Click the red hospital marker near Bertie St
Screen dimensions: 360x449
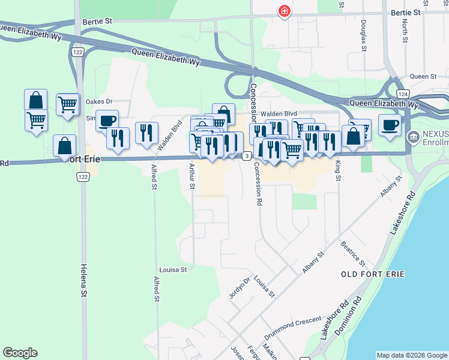(x=284, y=11)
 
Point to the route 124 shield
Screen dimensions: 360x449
(x=403, y=95)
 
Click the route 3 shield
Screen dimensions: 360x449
(x=247, y=156)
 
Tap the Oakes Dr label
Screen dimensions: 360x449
(x=99, y=101)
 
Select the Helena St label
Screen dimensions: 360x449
(x=83, y=282)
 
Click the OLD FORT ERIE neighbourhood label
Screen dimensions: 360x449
(x=372, y=274)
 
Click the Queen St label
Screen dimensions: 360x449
(x=423, y=77)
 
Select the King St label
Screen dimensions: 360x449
(x=338, y=171)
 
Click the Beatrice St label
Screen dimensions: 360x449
(x=353, y=254)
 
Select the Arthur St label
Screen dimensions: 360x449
(x=192, y=176)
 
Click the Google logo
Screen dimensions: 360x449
(x=20, y=353)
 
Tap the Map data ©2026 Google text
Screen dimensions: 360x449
(x=411, y=355)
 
